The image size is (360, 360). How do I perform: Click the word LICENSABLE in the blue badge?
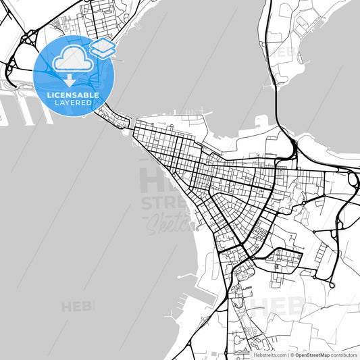(x=73, y=95)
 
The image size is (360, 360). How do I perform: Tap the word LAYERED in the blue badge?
(x=73, y=103)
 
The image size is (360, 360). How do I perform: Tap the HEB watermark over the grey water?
(x=78, y=307)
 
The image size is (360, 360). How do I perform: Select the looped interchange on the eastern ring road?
(x=352, y=180)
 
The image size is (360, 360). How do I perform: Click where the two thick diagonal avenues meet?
(x=240, y=246)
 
